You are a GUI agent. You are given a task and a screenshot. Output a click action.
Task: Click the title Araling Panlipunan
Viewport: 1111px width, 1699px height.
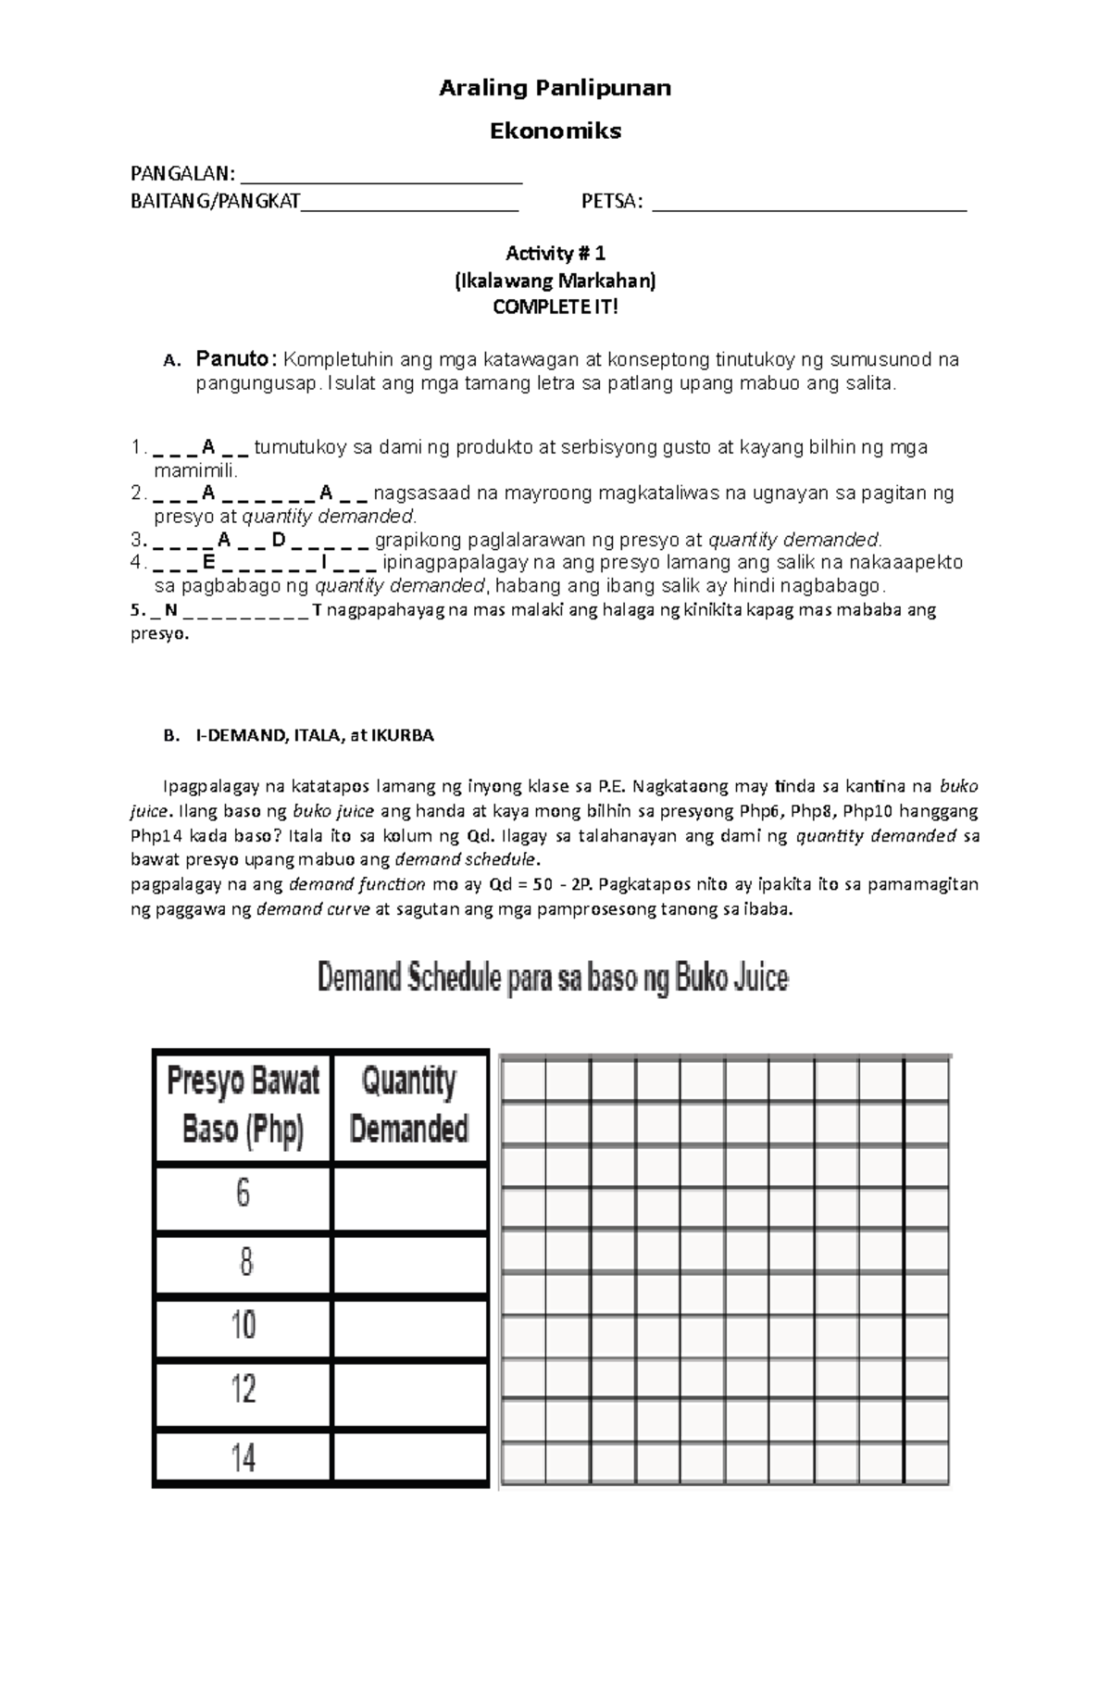pos(555,88)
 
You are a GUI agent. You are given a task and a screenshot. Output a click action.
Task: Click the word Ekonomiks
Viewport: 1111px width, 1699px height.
pos(555,131)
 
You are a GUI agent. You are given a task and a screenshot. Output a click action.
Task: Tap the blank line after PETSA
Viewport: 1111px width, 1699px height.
pos(809,205)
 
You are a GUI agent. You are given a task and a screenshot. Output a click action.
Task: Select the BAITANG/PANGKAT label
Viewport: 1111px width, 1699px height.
pos(215,201)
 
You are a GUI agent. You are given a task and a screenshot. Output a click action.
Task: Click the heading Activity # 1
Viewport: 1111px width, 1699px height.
pos(555,253)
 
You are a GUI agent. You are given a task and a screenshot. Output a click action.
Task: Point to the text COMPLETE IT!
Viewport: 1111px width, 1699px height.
pos(555,307)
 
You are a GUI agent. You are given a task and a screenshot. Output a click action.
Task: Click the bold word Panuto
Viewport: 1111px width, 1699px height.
pos(235,359)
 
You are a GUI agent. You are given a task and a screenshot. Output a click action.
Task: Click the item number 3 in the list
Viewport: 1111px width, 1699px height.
pos(136,540)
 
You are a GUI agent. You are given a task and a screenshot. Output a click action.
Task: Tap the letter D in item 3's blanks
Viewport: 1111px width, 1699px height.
pos(279,539)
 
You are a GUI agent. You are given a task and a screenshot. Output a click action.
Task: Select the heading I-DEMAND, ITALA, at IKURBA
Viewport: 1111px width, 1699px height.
pos(314,735)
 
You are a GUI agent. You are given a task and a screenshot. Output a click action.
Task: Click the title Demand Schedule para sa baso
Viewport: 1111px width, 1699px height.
pos(553,978)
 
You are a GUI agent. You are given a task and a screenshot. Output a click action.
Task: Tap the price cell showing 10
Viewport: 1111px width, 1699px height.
pos(243,1326)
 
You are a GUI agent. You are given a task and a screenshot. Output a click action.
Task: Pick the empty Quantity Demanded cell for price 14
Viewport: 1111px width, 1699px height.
pos(409,1458)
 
